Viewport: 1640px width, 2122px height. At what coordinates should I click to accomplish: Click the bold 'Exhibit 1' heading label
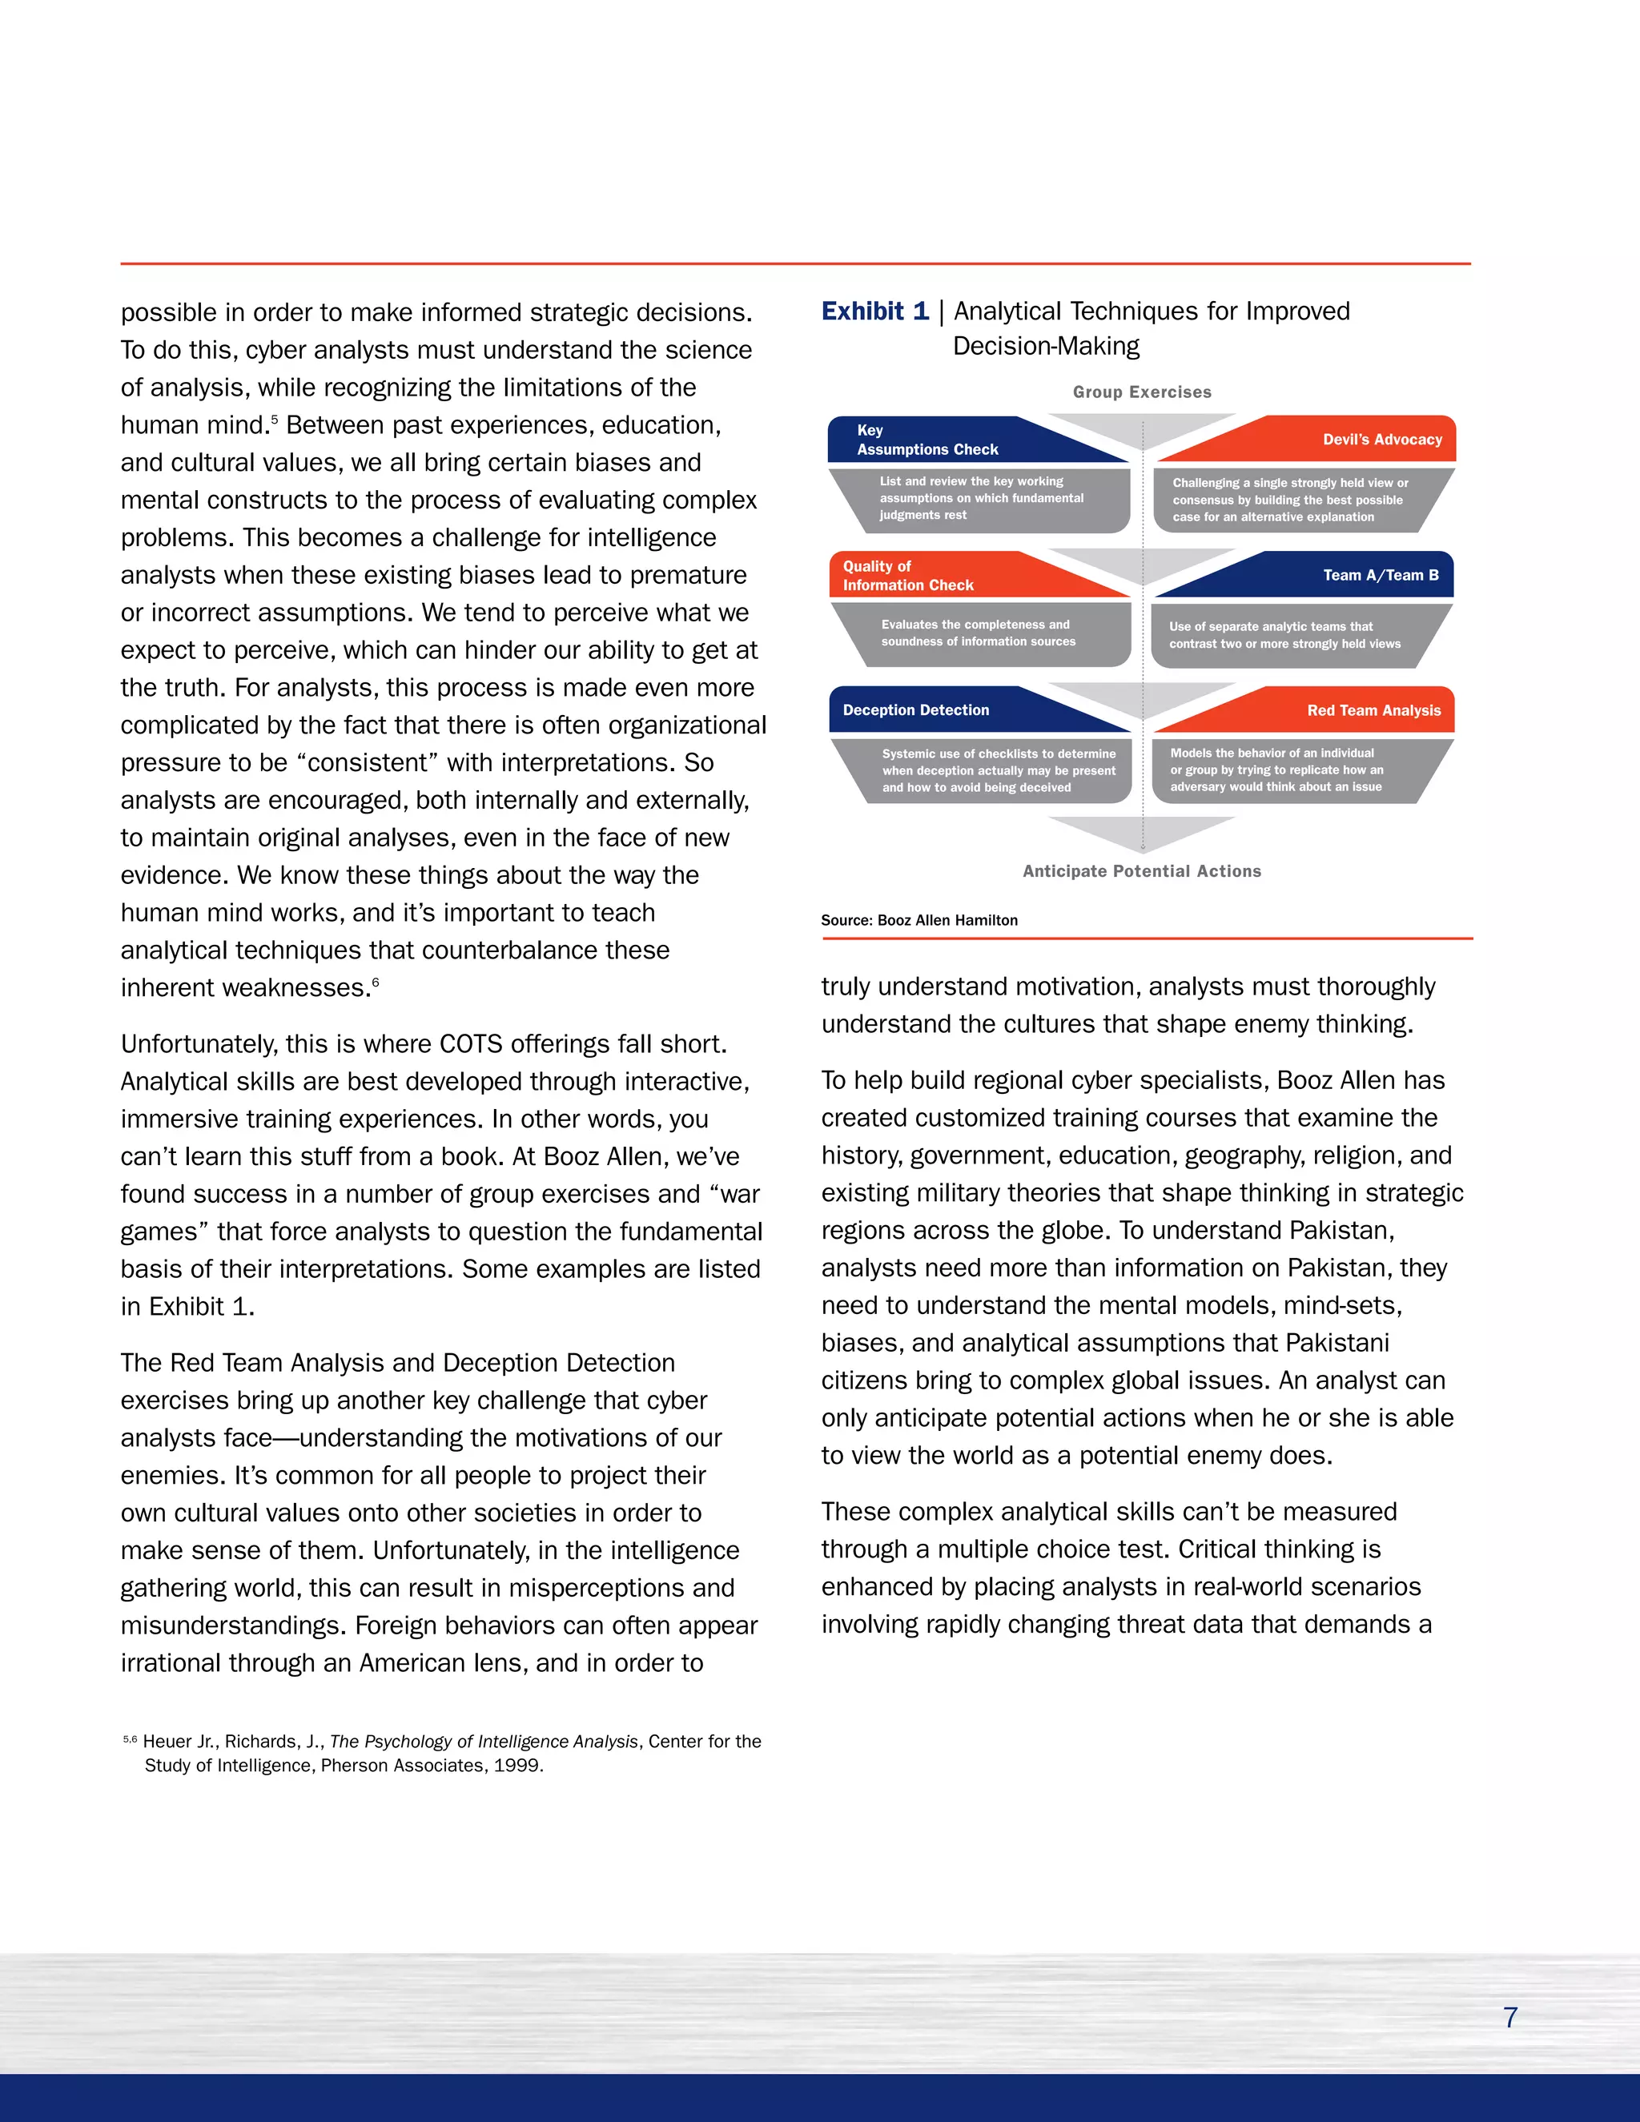874,311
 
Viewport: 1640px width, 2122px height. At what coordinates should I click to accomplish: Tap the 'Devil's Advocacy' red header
1381,439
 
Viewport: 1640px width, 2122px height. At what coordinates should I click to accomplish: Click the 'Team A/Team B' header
1380,575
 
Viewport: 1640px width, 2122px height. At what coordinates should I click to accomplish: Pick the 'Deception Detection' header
915,710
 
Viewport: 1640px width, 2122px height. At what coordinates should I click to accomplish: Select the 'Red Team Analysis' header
1373,710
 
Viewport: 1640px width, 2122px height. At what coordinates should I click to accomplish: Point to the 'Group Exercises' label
1142,392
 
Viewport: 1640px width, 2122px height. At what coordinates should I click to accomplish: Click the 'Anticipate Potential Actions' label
1142,871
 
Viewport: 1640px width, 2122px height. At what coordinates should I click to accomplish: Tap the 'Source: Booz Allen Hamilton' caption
919,920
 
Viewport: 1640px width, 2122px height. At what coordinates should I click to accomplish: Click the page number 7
1509,2017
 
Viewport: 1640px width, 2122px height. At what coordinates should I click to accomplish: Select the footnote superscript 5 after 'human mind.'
274,419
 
